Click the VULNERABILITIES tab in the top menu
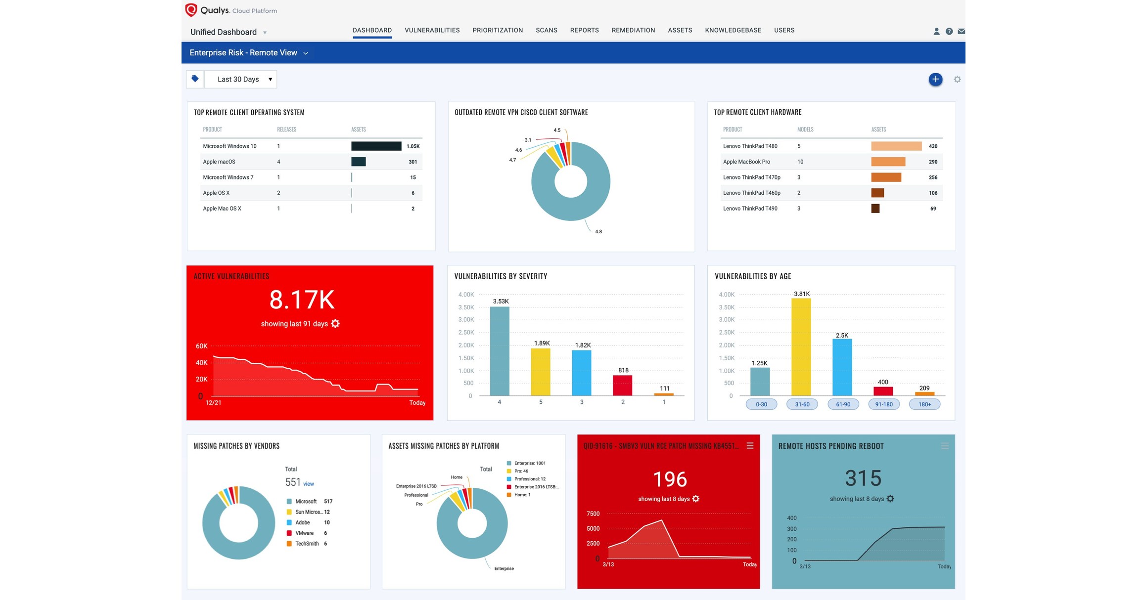432,30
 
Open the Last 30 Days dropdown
241,79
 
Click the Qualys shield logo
191,10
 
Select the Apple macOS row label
219,162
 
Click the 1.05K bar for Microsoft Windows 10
376,146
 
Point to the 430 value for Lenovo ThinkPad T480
933,146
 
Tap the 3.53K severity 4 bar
500,351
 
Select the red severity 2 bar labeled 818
622,385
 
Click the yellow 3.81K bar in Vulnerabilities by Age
801,346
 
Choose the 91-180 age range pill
884,404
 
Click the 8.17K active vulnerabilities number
302,300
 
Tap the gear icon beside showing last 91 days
335,324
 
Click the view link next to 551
309,484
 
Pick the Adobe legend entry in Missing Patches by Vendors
302,522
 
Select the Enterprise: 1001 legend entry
529,463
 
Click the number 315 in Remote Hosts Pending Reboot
863,478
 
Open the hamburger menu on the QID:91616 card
750,446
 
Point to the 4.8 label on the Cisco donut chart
598,231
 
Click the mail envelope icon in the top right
961,31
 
